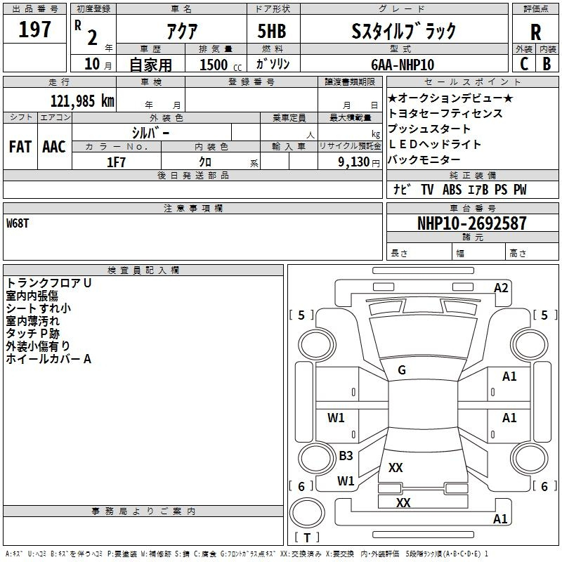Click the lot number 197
coord(34,30)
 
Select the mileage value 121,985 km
coord(82,101)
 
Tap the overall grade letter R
coord(535,32)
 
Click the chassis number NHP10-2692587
coord(471,223)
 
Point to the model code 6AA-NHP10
coord(403,65)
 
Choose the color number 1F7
coord(116,162)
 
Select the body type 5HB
coord(272,31)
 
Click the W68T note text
coord(17,223)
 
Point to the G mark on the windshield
coord(402,370)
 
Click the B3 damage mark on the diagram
coord(346,455)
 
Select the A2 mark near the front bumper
coord(501,288)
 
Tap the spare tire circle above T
coord(307,513)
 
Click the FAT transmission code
coord(20,147)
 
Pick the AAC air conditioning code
coord(54,147)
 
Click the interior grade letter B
coord(547,64)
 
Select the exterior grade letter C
coord(524,64)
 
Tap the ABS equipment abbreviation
coord(452,190)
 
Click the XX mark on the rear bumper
coord(403,502)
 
